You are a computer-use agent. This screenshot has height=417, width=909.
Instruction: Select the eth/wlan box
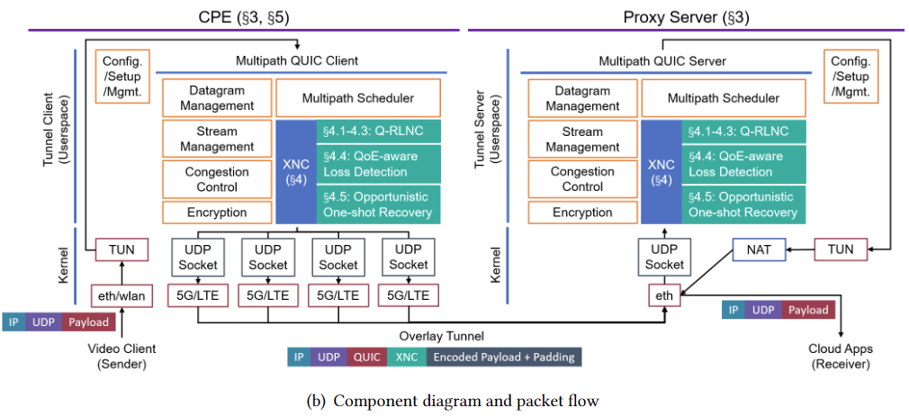tap(120, 295)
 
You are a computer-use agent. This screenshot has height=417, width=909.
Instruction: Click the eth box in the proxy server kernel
tap(665, 295)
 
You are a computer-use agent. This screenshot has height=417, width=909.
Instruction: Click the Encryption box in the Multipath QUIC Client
tap(217, 213)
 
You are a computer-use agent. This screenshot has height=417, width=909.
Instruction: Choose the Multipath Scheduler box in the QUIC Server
tap(723, 97)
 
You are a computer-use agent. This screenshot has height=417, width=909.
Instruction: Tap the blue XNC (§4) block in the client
tap(296, 172)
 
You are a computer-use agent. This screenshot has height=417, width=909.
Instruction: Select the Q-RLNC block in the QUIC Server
tap(742, 131)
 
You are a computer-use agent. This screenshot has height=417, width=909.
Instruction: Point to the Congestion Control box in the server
tap(582, 179)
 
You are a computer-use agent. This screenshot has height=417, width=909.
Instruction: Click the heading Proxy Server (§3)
tap(687, 15)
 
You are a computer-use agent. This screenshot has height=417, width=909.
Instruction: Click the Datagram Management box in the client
tap(217, 97)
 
